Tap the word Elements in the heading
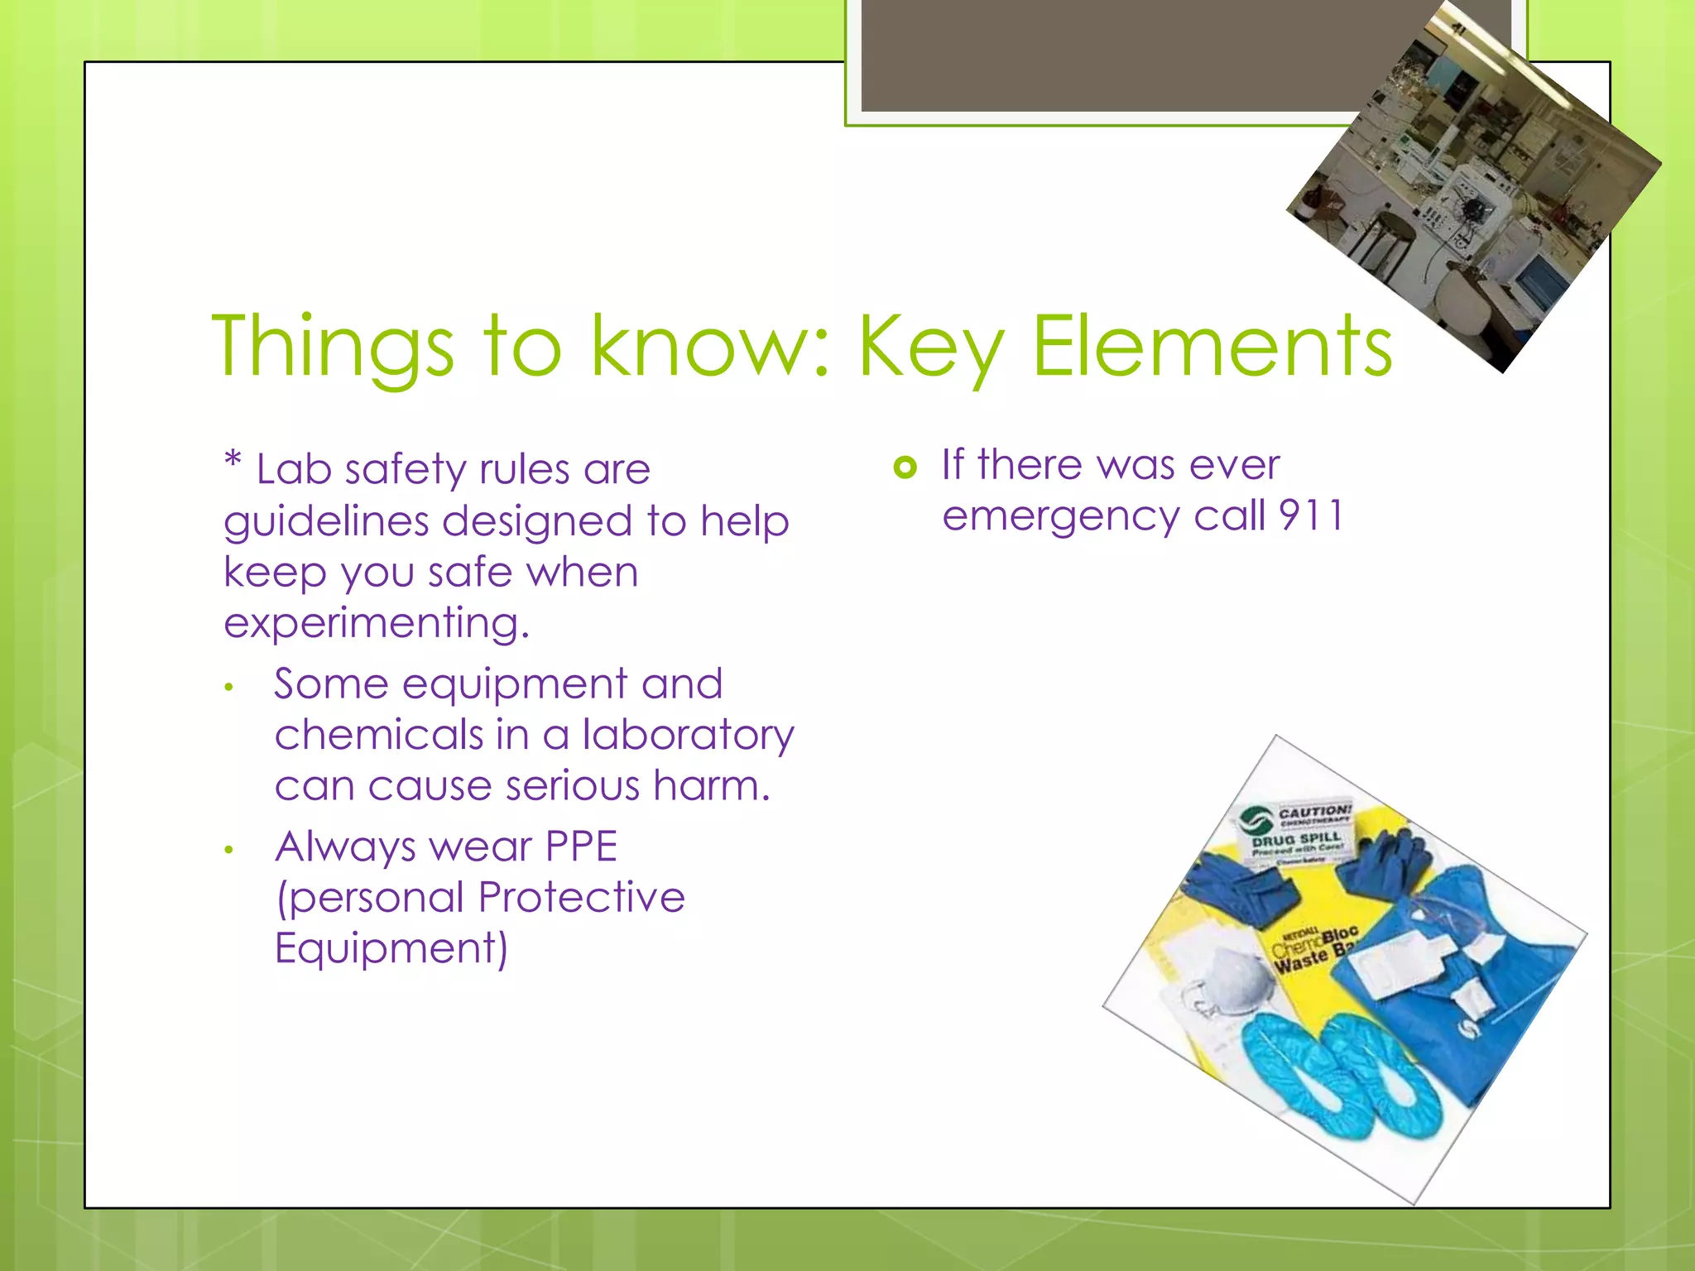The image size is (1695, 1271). coord(1212,348)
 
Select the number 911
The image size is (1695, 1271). coord(1311,516)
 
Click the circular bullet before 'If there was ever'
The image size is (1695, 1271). coord(905,468)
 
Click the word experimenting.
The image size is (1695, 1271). coord(376,623)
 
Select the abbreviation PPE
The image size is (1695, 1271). coord(581,847)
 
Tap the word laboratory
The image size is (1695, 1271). coord(688,735)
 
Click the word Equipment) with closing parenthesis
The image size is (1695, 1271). coord(391,948)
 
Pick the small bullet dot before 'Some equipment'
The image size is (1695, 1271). coord(229,687)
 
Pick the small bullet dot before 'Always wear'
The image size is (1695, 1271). coord(229,850)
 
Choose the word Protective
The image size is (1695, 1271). coord(581,897)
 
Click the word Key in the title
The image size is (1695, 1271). coord(930,348)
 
